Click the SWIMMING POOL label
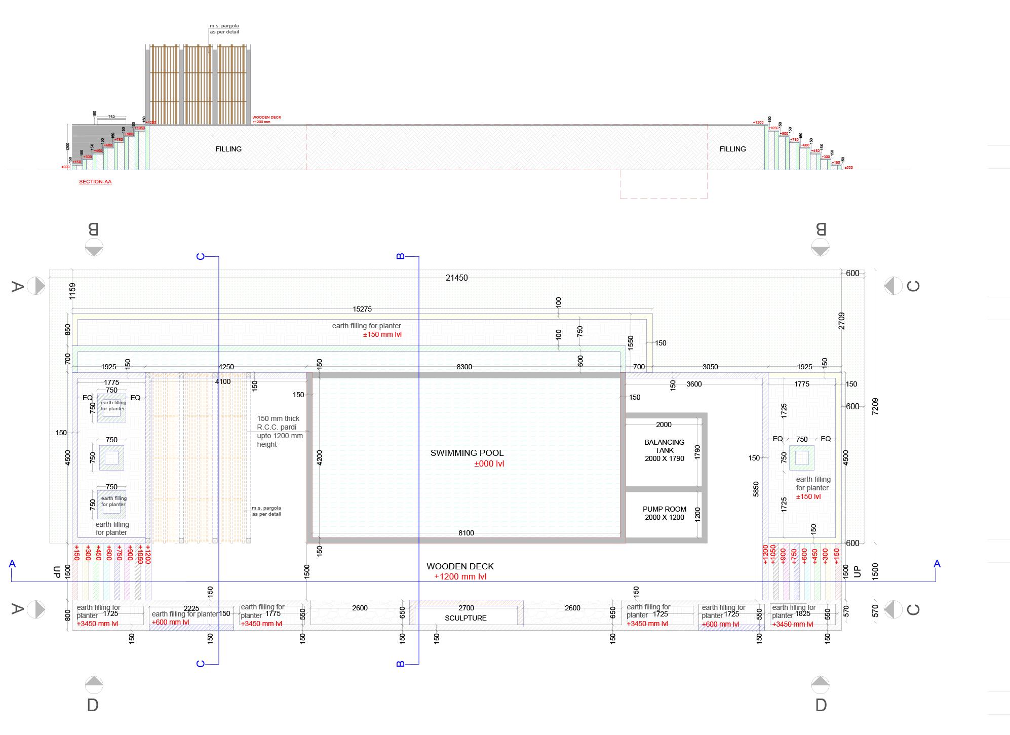point(467,453)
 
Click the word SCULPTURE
point(465,618)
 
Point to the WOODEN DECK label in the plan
point(460,566)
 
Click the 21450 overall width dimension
point(456,278)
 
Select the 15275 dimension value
point(362,309)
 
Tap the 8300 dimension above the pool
point(464,367)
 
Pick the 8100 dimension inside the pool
point(466,533)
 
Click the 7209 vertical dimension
point(875,407)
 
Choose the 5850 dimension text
point(756,489)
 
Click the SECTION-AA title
point(95,182)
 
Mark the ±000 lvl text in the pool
point(489,463)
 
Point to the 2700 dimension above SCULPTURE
point(466,608)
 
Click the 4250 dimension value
point(226,367)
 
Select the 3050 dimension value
point(710,367)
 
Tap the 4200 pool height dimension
point(319,457)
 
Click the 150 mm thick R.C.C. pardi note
point(280,431)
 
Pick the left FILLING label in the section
point(228,149)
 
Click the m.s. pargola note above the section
point(224,29)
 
